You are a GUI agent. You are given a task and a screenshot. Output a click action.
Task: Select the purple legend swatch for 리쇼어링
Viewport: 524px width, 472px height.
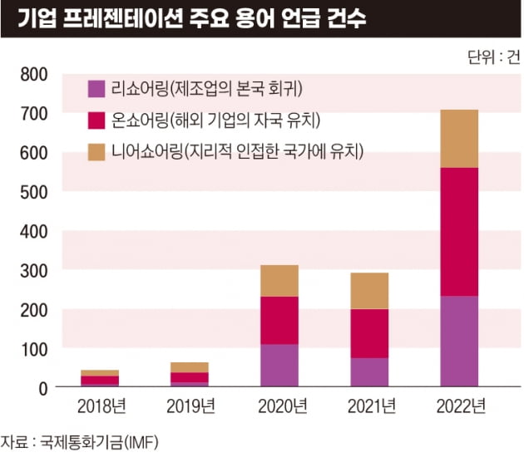(96, 87)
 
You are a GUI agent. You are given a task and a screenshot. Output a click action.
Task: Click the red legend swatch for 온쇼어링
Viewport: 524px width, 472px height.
(96, 119)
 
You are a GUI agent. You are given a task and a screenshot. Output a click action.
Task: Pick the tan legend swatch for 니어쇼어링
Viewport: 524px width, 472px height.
(96, 150)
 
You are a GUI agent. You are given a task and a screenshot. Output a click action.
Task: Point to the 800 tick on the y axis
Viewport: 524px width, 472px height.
(32, 74)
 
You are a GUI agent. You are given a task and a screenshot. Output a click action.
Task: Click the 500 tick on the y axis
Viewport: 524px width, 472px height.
(32, 191)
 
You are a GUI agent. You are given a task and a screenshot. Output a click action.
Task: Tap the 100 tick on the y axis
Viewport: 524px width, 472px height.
(32, 348)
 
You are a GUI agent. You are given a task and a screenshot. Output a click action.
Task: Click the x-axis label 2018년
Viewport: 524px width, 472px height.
(99, 407)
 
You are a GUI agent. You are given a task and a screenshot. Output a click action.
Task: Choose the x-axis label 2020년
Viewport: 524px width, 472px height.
(279, 407)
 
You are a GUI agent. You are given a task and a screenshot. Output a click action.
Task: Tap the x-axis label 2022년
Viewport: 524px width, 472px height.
(459, 407)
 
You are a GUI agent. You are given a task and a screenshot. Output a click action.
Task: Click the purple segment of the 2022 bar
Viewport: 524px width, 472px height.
(459, 342)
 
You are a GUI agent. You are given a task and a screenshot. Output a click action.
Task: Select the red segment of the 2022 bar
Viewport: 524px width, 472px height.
(459, 232)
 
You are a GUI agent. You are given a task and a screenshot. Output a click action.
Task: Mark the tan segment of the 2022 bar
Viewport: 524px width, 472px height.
(459, 138)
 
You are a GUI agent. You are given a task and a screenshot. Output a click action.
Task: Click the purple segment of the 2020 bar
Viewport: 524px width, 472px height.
(279, 366)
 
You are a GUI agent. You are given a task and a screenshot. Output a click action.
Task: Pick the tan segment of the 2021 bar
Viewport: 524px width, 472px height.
(368, 290)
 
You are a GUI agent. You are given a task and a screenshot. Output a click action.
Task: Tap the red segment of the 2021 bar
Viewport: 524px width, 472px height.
(368, 333)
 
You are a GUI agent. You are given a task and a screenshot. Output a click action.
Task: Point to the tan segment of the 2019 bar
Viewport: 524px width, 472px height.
(189, 367)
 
